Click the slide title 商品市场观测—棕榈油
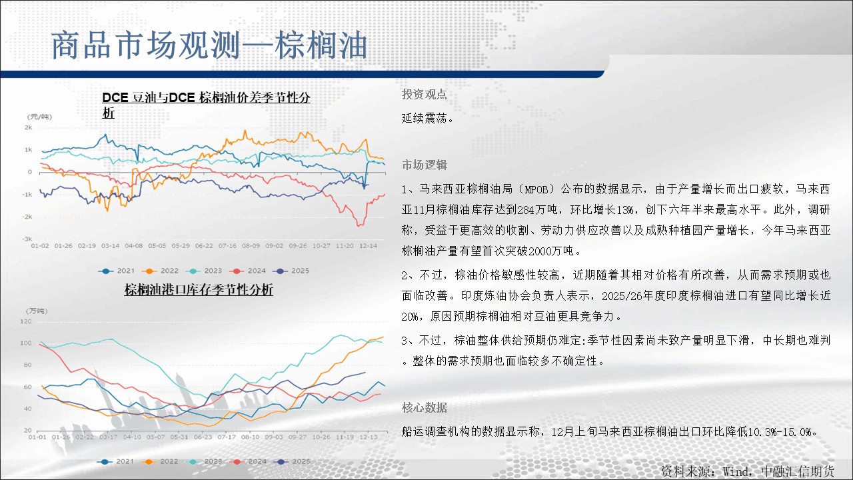[x=209, y=45]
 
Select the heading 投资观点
[x=425, y=94]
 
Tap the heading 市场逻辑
[x=425, y=165]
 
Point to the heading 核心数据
[x=425, y=407]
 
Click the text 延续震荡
[x=427, y=118]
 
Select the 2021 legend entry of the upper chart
[x=117, y=271]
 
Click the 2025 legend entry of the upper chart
[x=291, y=271]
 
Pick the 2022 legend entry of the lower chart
[x=160, y=461]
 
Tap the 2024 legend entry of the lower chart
[x=248, y=461]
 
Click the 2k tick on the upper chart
[x=28, y=127]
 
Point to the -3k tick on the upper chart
[x=27, y=239]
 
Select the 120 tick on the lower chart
[x=26, y=321]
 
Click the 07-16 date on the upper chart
[x=227, y=246]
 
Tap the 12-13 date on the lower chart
[x=369, y=437]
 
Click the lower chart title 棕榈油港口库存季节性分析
[x=199, y=290]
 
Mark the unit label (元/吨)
[x=39, y=117]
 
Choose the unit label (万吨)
[x=37, y=311]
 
